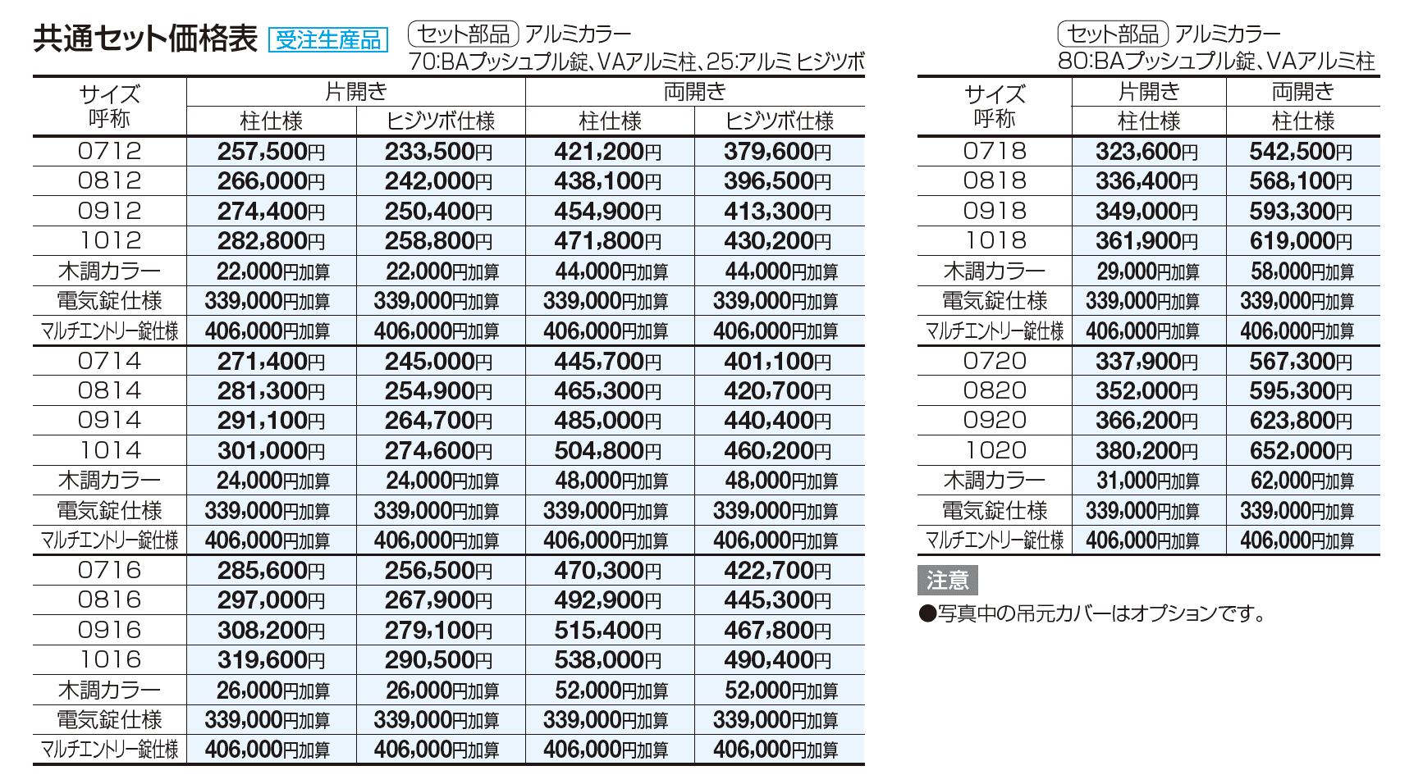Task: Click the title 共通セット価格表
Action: pyautogui.click(x=145, y=39)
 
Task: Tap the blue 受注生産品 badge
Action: pyautogui.click(x=327, y=39)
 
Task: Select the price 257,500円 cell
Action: pyautogui.click(x=271, y=152)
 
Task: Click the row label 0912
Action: pyautogui.click(x=109, y=211)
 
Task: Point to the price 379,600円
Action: pyautogui.click(x=777, y=152)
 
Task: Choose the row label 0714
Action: pyautogui.click(x=109, y=361)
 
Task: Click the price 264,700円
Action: pyautogui.click(x=438, y=421)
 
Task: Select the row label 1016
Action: pyautogui.click(x=109, y=659)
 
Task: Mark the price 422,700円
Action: pyautogui.click(x=777, y=570)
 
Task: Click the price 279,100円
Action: pyautogui.click(x=438, y=630)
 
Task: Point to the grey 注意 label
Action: pyautogui.click(x=947, y=581)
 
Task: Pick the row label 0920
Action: pyautogui.click(x=995, y=421)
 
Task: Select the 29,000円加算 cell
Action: pyautogui.click(x=1147, y=271)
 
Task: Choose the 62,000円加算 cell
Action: pyautogui.click(x=1302, y=481)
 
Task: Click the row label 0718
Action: pyautogui.click(x=995, y=151)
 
